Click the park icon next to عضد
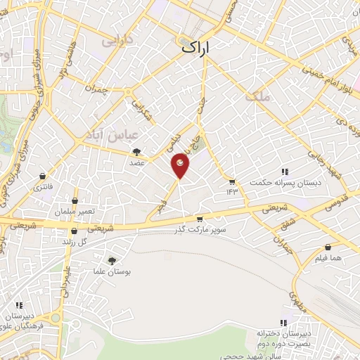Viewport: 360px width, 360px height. (136, 151)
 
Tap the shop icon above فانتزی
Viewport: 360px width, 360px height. (44, 176)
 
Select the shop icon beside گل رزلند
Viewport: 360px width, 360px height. (61, 241)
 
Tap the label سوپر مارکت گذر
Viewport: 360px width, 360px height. (204, 230)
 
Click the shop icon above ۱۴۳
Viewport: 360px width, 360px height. (232, 181)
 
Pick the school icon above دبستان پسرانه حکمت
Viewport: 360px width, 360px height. (285, 172)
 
